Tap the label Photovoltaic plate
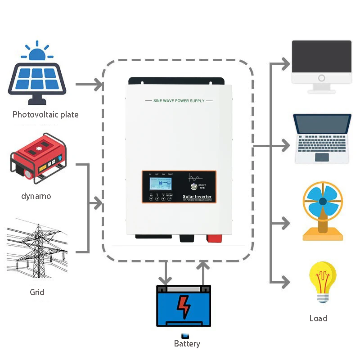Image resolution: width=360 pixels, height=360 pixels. point(45,115)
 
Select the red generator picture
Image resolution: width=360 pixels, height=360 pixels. point(38,158)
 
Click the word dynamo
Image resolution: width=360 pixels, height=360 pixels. point(36,196)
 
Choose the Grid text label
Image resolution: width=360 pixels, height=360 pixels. point(37,292)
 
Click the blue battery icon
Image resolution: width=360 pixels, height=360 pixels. point(184,306)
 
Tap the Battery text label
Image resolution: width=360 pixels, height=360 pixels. point(187,344)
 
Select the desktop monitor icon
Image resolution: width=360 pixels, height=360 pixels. point(321,65)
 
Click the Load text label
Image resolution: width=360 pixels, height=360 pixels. point(318,319)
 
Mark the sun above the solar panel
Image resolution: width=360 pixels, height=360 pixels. point(37,52)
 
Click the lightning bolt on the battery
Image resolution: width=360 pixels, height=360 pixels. point(184,308)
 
